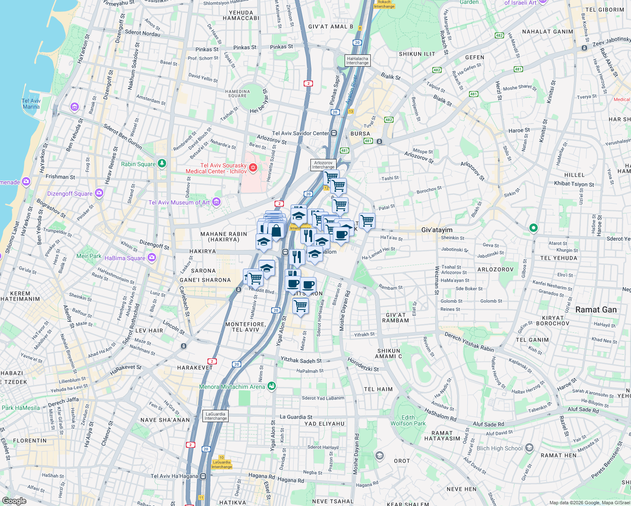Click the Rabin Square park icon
(162, 164)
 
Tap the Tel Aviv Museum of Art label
(179, 202)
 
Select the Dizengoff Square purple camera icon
(99, 193)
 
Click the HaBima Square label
(125, 258)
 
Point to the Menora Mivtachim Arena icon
(272, 386)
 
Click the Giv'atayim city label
(437, 230)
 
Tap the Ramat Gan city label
(596, 310)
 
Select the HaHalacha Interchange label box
(357, 61)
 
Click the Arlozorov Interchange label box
(323, 164)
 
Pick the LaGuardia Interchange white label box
(216, 416)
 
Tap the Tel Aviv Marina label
(31, 104)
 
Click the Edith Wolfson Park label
(408, 420)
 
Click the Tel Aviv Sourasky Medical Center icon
(253, 168)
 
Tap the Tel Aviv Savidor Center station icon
(334, 133)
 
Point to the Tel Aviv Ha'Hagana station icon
(203, 476)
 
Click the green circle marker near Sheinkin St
(533, 228)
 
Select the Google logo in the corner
(14, 501)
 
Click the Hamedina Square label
(237, 94)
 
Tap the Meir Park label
(89, 256)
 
